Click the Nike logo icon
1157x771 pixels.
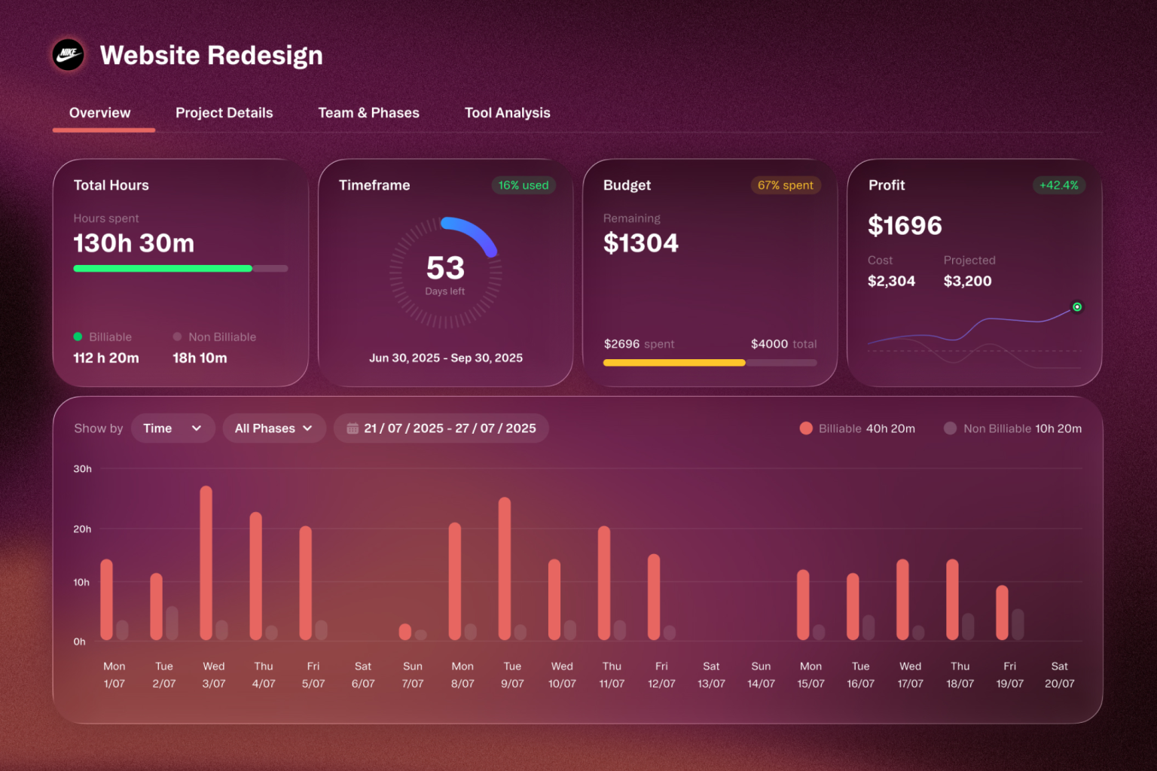click(x=69, y=54)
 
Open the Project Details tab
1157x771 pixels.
click(x=224, y=113)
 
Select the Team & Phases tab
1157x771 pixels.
click(x=369, y=113)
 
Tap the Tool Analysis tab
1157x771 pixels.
click(x=507, y=113)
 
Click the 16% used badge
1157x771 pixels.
click(x=524, y=185)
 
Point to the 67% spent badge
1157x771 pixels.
click(x=785, y=185)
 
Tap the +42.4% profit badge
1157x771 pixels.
click(x=1058, y=185)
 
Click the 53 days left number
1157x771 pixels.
click(x=445, y=267)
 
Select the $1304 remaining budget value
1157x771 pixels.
click(x=640, y=242)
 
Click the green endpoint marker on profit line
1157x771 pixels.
click(x=1077, y=306)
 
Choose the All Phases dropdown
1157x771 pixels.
click(x=274, y=428)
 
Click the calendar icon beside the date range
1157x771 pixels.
click(x=353, y=428)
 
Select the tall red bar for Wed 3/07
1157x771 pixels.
click(x=206, y=563)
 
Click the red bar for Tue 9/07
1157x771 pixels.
click(x=505, y=568)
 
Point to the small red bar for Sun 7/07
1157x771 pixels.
click(x=405, y=632)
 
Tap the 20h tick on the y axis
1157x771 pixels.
click(x=82, y=529)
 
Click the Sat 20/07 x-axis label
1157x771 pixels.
click(x=1059, y=675)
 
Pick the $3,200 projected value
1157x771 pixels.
click(x=967, y=281)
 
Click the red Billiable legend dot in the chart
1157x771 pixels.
click(x=806, y=428)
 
